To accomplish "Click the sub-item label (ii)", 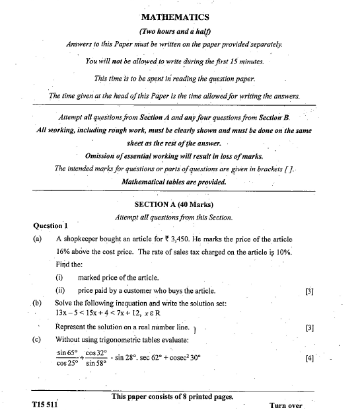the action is [60, 290].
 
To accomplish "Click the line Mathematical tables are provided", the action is [175, 181].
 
